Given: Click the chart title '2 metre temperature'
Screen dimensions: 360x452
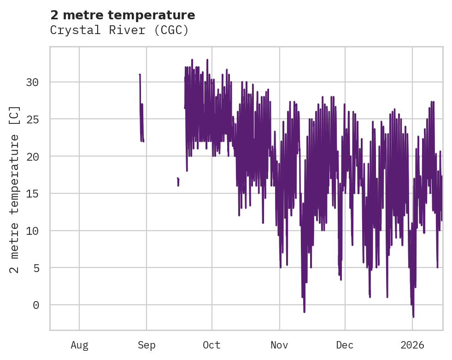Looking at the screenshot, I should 123,15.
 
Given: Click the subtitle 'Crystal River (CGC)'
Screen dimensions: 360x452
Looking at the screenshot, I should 119,30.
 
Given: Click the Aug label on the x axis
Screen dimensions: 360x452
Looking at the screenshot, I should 79,345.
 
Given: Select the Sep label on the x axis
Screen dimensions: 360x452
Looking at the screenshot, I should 147,345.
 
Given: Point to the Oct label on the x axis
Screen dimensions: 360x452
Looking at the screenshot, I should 212,345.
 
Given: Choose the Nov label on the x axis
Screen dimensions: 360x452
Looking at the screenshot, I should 279,345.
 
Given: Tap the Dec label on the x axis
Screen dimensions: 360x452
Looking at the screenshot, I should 345,345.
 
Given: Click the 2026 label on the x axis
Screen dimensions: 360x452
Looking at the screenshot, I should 412,345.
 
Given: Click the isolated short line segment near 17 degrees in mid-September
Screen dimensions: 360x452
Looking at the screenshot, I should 178,181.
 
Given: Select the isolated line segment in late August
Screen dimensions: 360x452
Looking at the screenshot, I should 141,110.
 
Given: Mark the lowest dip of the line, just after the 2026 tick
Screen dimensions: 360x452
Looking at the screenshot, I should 413,316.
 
